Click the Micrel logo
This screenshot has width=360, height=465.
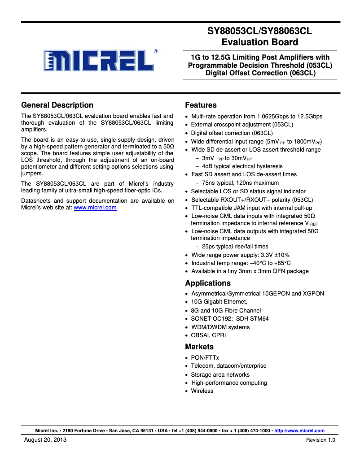coord(100,60)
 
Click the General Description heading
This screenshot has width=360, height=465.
coord(57,105)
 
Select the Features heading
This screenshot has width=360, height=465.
coord(201,105)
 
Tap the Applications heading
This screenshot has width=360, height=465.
coord(208,283)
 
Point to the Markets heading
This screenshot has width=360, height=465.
coord(199,347)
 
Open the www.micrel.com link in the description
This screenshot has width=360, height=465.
coord(95,208)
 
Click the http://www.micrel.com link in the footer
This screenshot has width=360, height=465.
coord(299,431)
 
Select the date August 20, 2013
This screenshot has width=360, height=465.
coord(45,440)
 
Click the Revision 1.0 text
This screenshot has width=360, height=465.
coord(320,440)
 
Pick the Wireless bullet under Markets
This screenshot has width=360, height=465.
coord(202,391)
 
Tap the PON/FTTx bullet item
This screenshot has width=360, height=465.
coord(205,358)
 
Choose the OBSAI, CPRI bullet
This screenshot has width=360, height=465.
coord(208,335)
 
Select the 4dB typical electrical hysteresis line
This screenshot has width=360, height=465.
coord(242,166)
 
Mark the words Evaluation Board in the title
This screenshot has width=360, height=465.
coord(259,42)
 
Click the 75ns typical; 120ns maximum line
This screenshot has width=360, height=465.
coord(240,183)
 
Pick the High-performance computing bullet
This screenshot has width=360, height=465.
coord(229,383)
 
